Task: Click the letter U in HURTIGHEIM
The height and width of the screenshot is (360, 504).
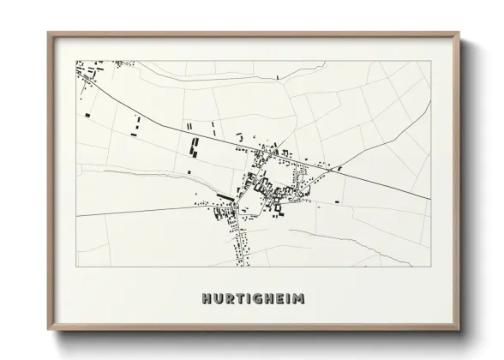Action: coord(218,299)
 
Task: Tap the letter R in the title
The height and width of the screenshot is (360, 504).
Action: coord(229,299)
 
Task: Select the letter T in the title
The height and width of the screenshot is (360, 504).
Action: coord(239,299)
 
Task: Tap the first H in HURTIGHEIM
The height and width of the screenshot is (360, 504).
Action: coord(207,299)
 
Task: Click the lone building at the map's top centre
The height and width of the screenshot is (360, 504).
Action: coord(278,77)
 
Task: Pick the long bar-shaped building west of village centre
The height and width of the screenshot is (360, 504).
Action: coord(225,196)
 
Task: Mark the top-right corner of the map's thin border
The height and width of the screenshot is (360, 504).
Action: coord(430,60)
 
